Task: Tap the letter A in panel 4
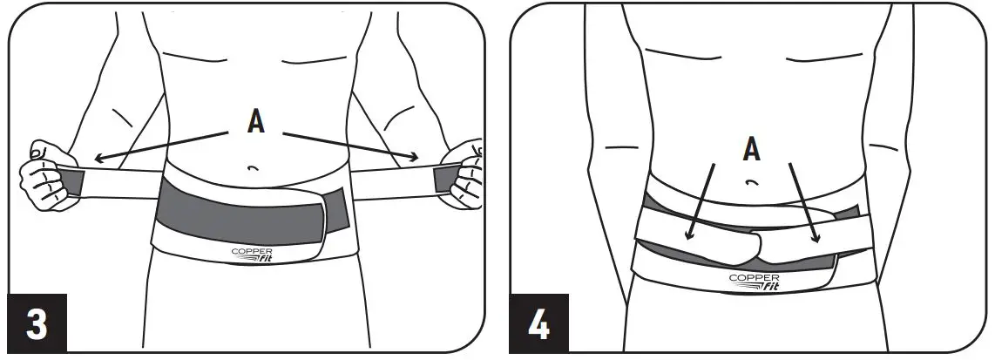tap(751, 150)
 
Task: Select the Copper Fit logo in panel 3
tap(253, 255)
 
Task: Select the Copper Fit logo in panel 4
tap(751, 281)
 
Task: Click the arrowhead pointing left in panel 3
tap(98, 158)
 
